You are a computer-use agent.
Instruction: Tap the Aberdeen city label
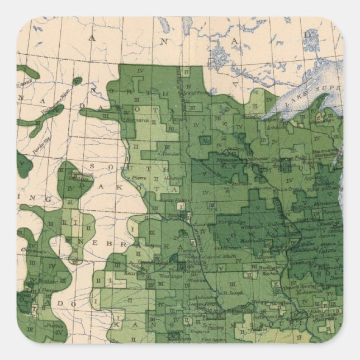click(x=169, y=154)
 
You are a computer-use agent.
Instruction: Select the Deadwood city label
click(x=78, y=174)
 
